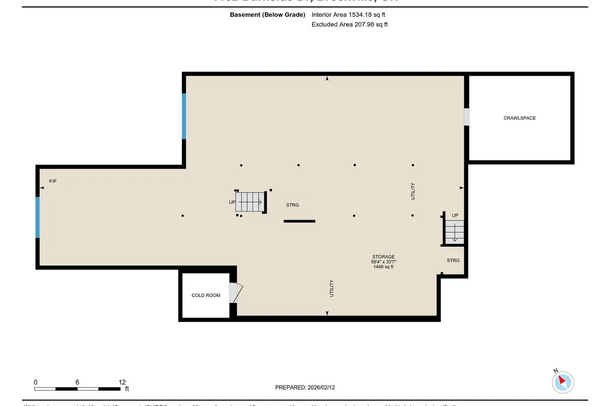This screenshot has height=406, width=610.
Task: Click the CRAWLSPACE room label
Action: click(x=519, y=118)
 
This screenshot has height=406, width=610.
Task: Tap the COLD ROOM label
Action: click(x=206, y=296)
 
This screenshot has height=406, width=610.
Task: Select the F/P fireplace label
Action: click(x=53, y=181)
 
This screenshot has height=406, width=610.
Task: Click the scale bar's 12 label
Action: click(x=122, y=382)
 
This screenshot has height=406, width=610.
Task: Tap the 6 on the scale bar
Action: click(x=77, y=382)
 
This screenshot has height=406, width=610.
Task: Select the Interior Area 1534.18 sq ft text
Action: click(x=348, y=15)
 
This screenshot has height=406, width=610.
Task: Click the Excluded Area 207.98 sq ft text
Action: click(x=349, y=24)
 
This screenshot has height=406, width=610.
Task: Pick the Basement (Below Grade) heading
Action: click(x=268, y=15)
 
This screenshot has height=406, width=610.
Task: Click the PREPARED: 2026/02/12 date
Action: click(x=305, y=387)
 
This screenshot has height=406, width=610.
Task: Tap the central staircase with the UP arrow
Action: click(x=250, y=202)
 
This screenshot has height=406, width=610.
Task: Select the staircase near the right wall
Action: click(x=454, y=232)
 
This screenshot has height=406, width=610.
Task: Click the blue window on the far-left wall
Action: click(x=38, y=217)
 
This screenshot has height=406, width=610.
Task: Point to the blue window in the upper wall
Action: click(x=184, y=116)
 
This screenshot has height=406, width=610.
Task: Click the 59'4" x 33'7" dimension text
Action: click(x=383, y=262)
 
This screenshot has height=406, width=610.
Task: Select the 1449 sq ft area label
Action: click(x=383, y=267)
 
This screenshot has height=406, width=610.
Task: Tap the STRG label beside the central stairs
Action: click(x=292, y=205)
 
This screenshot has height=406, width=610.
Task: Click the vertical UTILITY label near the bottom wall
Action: click(x=331, y=288)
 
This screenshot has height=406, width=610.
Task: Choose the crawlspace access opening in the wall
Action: click(x=466, y=117)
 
